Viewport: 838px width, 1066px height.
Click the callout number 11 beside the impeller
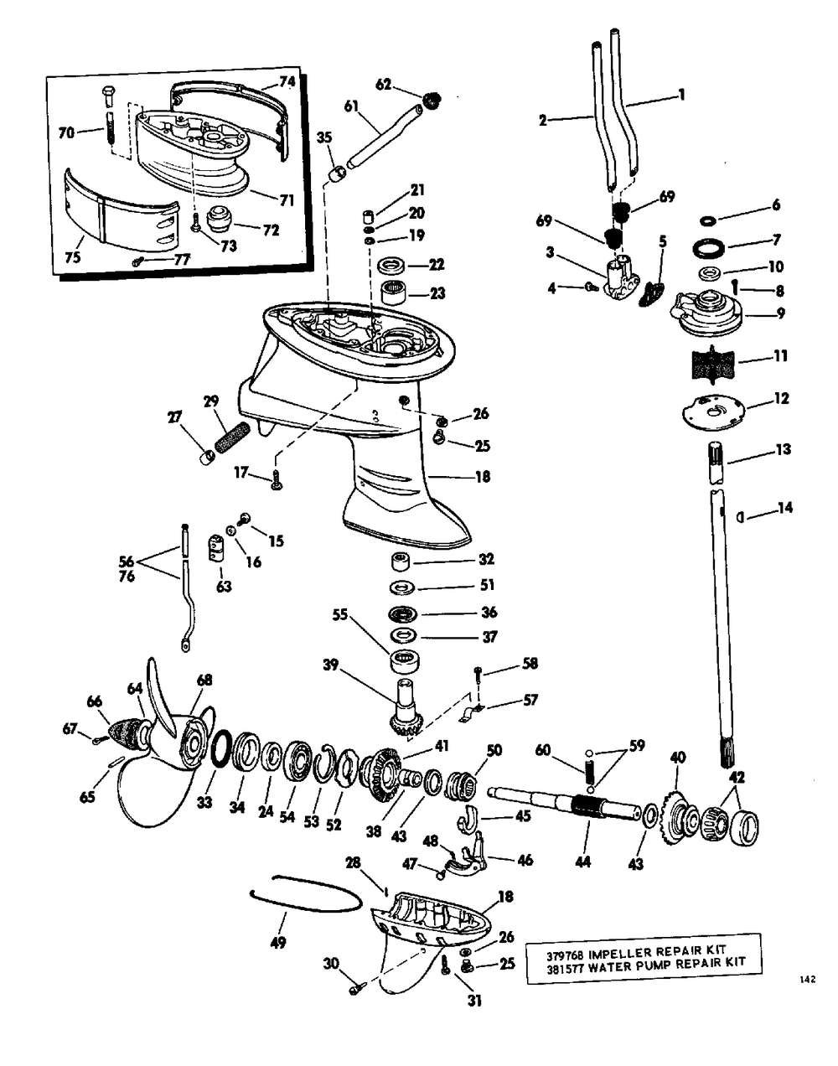(780, 356)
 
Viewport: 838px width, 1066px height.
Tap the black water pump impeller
(711, 363)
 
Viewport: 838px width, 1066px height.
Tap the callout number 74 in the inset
(287, 82)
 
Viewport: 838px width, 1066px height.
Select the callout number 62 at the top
(383, 85)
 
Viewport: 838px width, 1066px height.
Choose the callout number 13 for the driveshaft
(784, 449)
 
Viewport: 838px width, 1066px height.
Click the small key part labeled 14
(741, 517)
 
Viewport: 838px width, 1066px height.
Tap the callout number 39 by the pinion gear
(331, 665)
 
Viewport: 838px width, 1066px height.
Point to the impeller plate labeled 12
(714, 409)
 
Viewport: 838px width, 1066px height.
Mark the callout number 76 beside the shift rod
(127, 576)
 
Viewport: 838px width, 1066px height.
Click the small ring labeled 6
(709, 219)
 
